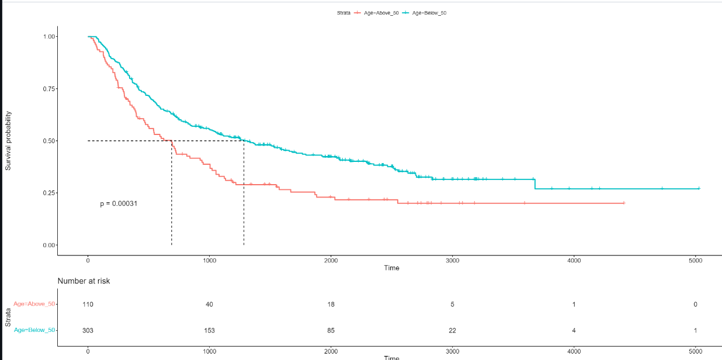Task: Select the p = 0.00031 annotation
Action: (119, 203)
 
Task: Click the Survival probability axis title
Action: (8, 141)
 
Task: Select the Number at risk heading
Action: (84, 281)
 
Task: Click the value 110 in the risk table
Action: (88, 304)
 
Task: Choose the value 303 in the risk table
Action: (88, 330)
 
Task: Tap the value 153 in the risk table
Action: (210, 330)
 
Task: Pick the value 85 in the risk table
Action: (331, 330)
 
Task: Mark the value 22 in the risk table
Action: (453, 330)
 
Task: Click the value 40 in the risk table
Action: (210, 304)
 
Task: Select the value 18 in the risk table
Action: (331, 304)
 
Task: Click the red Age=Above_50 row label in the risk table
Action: (34, 304)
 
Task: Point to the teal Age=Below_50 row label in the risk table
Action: (34, 330)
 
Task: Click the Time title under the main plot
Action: (391, 268)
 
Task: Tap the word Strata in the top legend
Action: (343, 13)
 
